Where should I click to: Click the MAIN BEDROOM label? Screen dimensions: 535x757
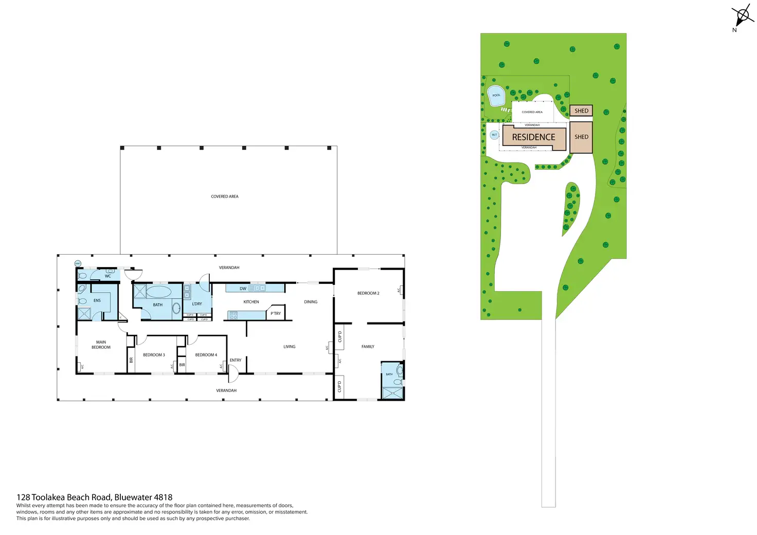coord(101,345)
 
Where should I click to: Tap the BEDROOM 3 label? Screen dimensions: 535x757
coord(154,355)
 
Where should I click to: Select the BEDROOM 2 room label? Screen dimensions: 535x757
coord(368,293)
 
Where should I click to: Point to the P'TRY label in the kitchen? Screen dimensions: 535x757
coord(276,313)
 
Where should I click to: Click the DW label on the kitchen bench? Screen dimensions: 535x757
coord(243,289)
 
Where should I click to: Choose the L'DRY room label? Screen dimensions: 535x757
coord(197,304)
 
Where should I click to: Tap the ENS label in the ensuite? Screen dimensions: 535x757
coord(97,300)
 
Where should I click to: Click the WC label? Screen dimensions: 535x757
coord(108,276)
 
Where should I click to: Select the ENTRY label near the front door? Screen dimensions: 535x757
coord(236,360)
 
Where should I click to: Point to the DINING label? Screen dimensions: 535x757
coord(311,302)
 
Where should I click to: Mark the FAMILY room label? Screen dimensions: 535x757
coord(368,347)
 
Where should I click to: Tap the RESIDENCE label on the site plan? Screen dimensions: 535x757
coord(533,137)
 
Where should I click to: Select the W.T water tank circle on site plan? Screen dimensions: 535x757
coord(494,135)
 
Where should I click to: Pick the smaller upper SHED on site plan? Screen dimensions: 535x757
coord(581,111)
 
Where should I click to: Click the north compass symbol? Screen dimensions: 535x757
coord(743,15)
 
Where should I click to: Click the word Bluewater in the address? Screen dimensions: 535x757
coord(133,497)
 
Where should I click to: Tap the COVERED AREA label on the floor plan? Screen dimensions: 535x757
coord(225,197)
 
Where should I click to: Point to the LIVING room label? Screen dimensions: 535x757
coord(290,347)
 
